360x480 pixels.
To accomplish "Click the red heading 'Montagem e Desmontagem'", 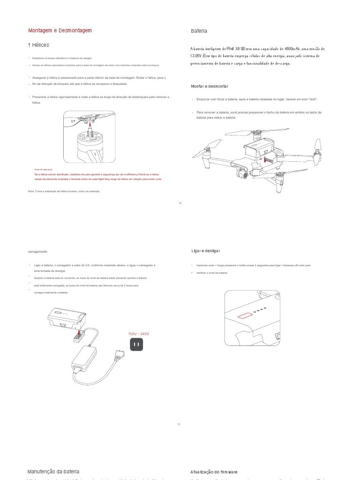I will (x=60, y=30).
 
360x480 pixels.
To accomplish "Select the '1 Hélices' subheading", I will (x=38, y=45).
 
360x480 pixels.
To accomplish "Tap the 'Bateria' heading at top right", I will (x=199, y=31).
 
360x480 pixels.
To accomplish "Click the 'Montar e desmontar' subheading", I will (x=210, y=86).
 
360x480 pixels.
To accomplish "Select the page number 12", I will (x=180, y=203).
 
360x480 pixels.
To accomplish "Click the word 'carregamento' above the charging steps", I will (x=37, y=252).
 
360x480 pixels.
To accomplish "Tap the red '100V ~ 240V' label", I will (x=138, y=334).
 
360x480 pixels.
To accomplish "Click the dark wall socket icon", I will (x=136, y=345).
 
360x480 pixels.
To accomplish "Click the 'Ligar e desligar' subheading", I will (x=205, y=251).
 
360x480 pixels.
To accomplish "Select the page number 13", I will (x=179, y=424).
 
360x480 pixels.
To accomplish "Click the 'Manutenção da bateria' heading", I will (x=53, y=471).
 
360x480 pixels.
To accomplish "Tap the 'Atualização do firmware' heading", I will (x=214, y=472).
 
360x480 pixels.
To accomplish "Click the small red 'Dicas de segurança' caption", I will (x=44, y=169).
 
